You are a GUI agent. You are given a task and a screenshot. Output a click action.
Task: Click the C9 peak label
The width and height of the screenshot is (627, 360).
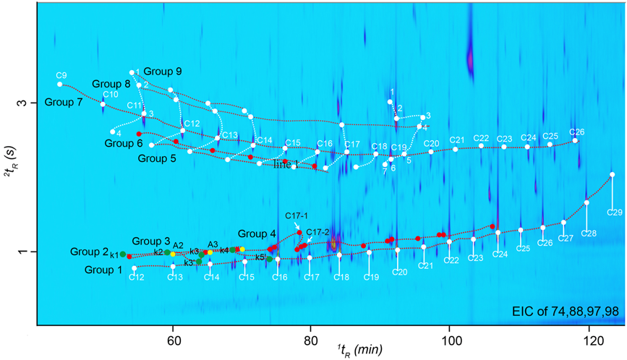[x=61, y=75]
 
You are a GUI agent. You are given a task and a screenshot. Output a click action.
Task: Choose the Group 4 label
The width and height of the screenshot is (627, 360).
[x=257, y=233]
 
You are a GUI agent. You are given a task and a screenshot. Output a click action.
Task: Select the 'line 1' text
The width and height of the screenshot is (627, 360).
[x=286, y=165]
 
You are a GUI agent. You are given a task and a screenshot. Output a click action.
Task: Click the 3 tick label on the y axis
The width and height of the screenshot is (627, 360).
[x=22, y=103]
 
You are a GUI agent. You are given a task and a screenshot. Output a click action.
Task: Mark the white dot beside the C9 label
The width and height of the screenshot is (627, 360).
[x=60, y=85]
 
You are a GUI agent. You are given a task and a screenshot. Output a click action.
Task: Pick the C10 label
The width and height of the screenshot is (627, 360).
[x=111, y=95]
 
